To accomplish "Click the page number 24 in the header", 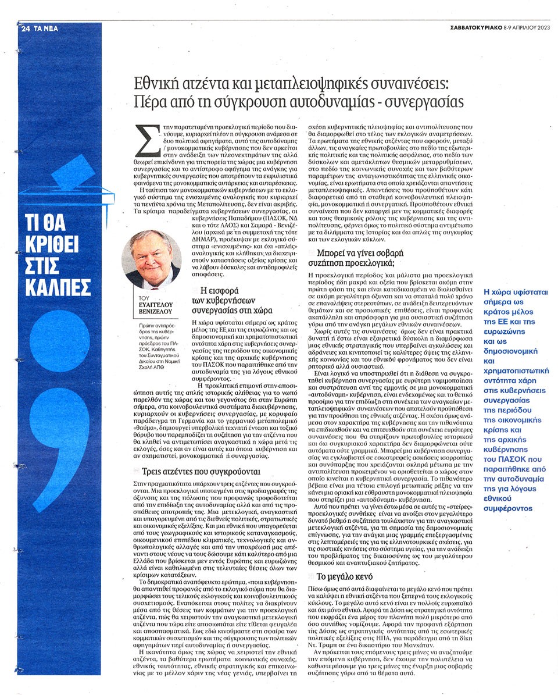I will pos(25,28).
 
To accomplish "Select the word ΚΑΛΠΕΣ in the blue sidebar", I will pos(58,287).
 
